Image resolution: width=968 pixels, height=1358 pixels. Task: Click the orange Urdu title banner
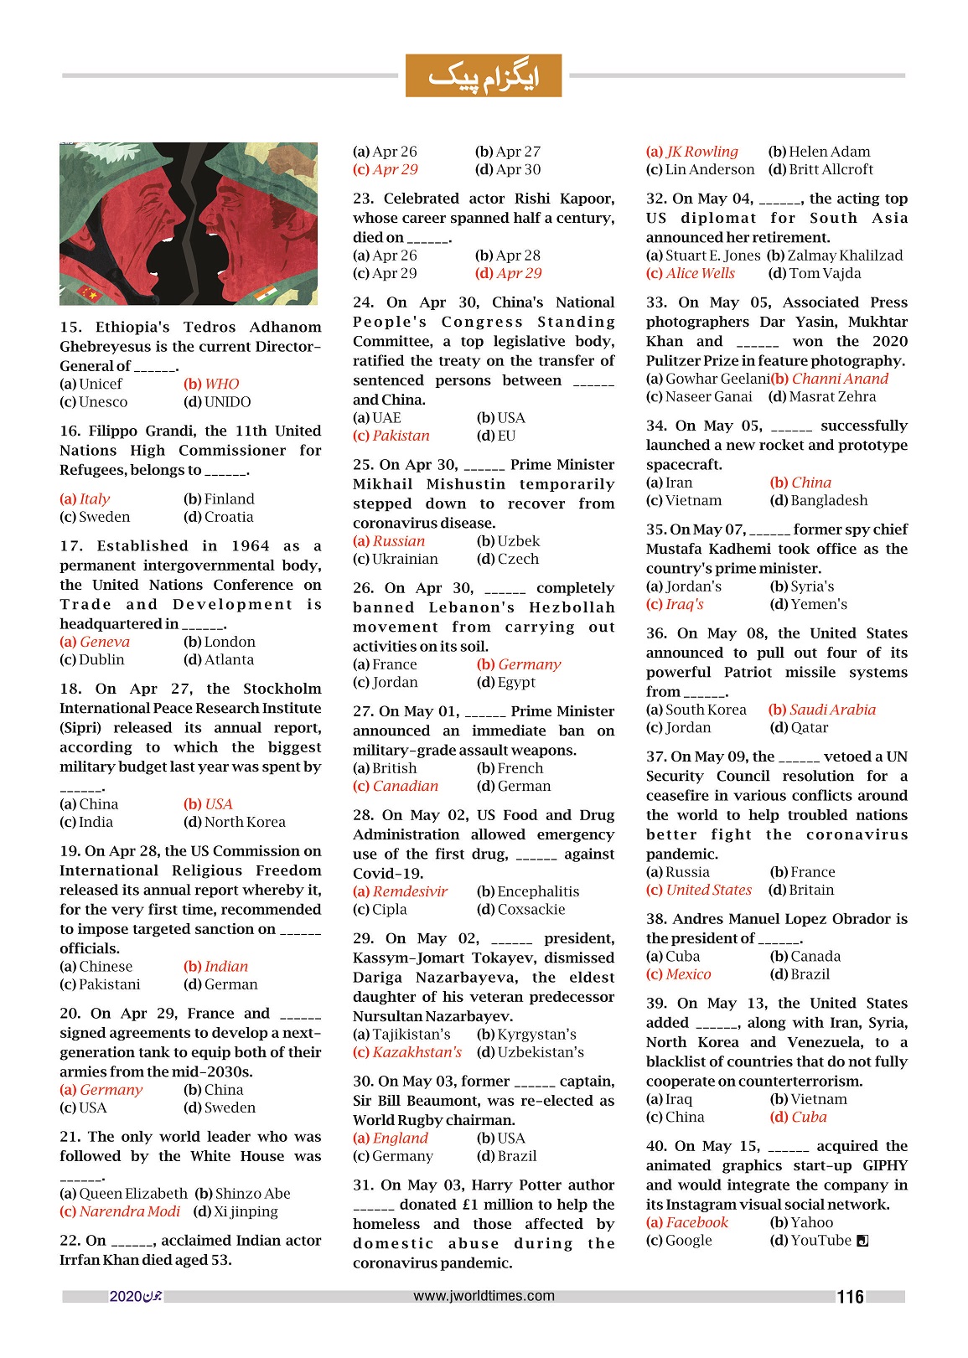(x=483, y=75)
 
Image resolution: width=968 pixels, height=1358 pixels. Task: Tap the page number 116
(x=850, y=1297)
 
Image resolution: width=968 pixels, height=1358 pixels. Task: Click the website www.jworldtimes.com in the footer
(x=484, y=1295)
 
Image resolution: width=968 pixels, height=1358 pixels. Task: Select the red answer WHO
(x=221, y=384)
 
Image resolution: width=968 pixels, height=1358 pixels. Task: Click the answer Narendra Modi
(x=129, y=1211)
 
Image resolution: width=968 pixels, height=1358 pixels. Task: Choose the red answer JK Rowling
(x=701, y=152)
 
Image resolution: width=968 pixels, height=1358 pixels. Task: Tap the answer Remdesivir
(x=409, y=891)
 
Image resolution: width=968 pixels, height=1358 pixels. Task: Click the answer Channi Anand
(x=840, y=379)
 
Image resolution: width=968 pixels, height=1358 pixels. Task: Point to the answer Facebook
(x=696, y=1222)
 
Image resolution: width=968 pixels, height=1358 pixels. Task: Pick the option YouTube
(x=820, y=1240)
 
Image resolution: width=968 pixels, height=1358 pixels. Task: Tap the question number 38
(x=656, y=919)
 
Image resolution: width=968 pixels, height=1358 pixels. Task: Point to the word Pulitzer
(x=672, y=360)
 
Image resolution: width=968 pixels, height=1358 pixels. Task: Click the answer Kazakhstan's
(x=417, y=1052)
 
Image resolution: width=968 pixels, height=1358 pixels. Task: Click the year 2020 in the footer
(x=126, y=1297)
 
